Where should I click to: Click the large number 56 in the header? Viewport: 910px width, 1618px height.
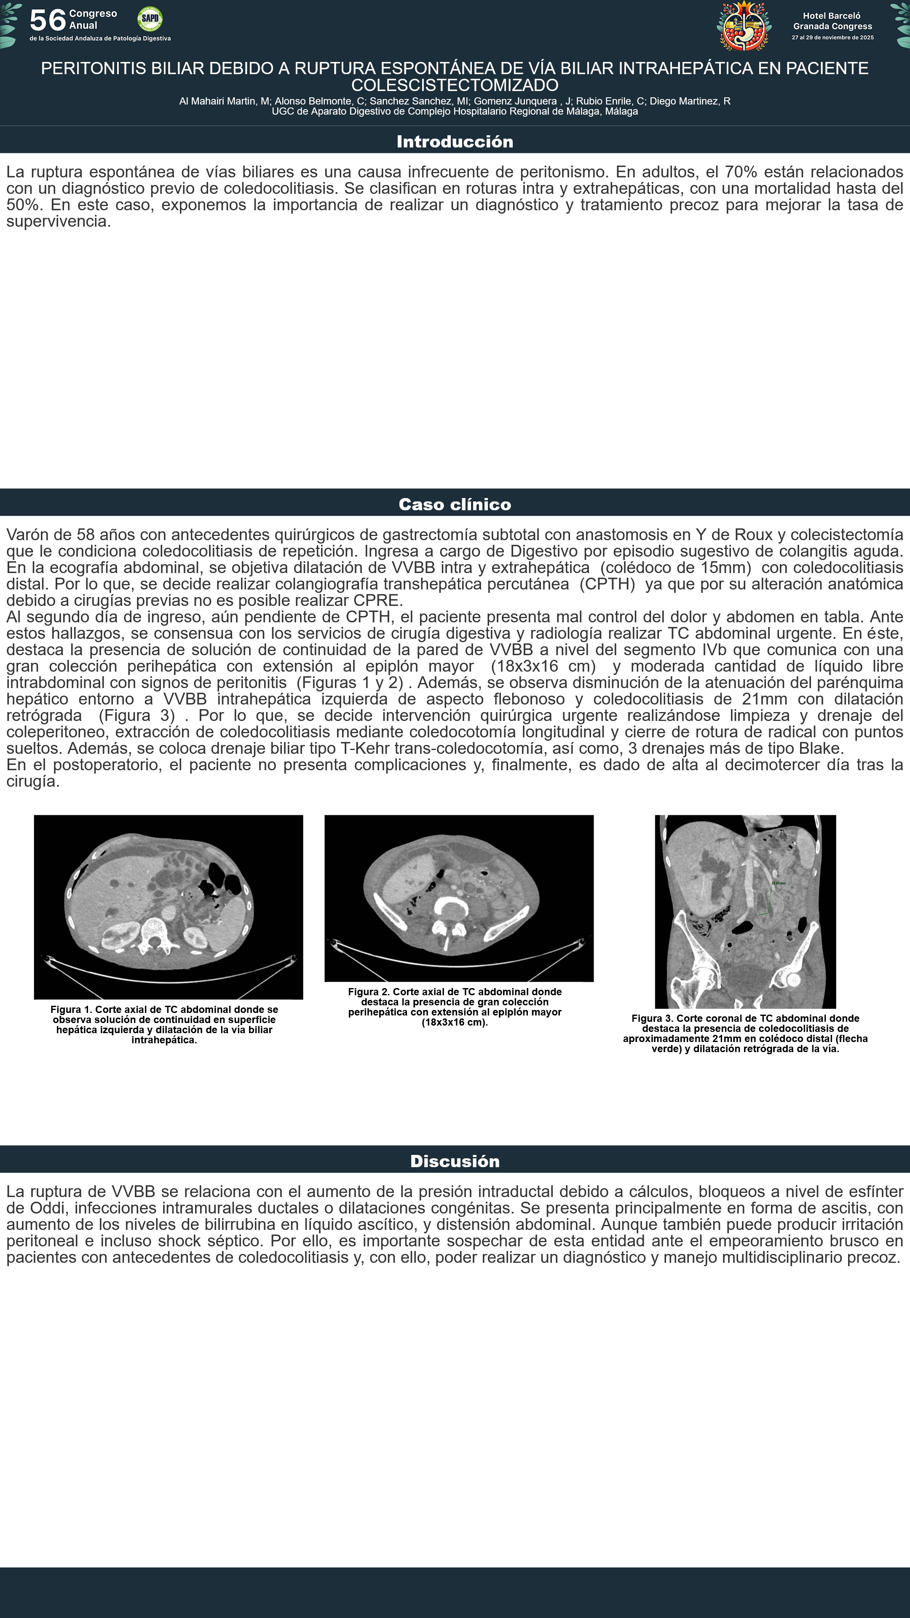48,21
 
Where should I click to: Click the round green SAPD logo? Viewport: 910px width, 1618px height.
150,19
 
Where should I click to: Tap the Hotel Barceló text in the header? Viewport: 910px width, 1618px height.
832,16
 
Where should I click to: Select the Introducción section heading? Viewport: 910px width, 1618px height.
455,141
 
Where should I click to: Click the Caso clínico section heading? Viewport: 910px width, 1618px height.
455,504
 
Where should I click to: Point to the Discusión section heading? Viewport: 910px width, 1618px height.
455,1161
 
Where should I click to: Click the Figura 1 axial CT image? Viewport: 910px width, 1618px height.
169,906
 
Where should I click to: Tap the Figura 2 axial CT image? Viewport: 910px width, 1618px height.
459,898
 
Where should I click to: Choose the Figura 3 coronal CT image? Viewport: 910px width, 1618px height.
745,911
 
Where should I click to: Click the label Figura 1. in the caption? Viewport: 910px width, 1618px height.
71,1010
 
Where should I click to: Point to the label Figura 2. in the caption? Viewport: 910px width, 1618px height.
369,992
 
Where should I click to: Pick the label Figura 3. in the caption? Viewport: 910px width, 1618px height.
653,1018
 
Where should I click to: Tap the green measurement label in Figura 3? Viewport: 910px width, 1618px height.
778,883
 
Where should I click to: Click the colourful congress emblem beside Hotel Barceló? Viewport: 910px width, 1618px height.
744,27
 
